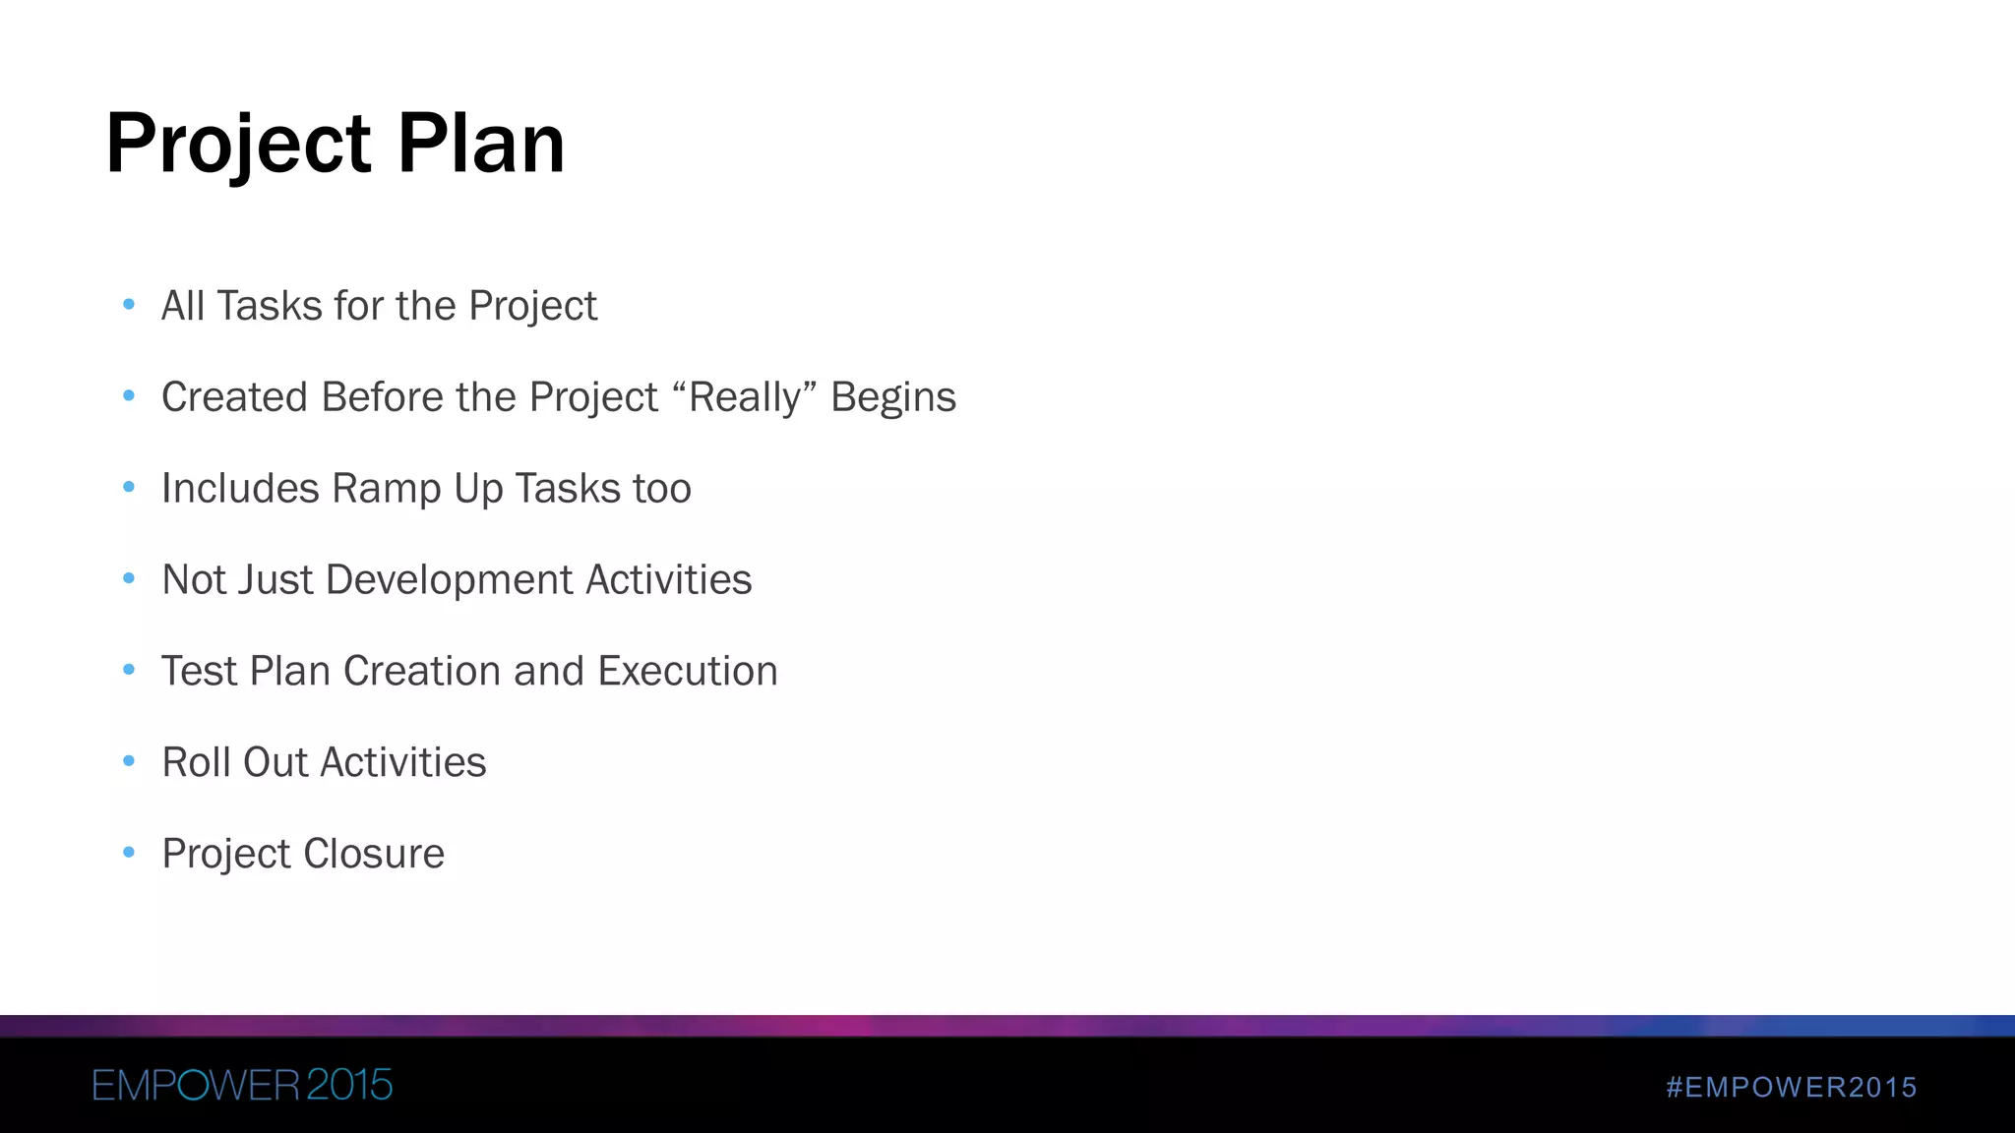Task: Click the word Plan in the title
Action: click(481, 144)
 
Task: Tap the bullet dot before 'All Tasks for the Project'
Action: click(129, 305)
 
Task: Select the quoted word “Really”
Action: click(745, 397)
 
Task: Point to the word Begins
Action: click(893, 397)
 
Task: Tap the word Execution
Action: click(688, 671)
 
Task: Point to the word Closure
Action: click(373, 854)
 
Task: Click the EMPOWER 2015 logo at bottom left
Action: click(242, 1085)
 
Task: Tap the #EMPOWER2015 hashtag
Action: click(1792, 1087)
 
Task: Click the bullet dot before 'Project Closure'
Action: click(129, 853)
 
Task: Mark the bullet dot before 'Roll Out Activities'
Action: click(129, 761)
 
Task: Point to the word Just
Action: click(275, 579)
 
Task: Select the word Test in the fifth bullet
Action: click(199, 671)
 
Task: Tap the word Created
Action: click(234, 397)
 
